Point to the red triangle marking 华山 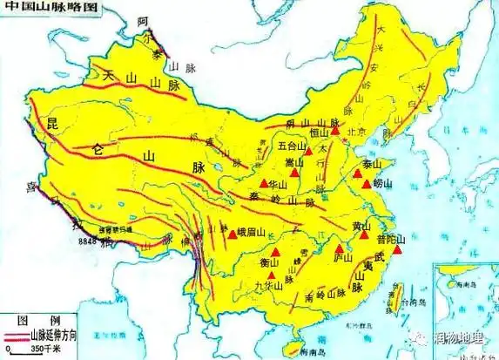pos(263,184)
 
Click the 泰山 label pos(372,164)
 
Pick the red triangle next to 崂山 pos(367,184)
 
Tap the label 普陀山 pos(392,238)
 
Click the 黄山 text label pos(360,226)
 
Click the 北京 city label pos(354,132)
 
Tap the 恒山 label pos(320,132)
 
